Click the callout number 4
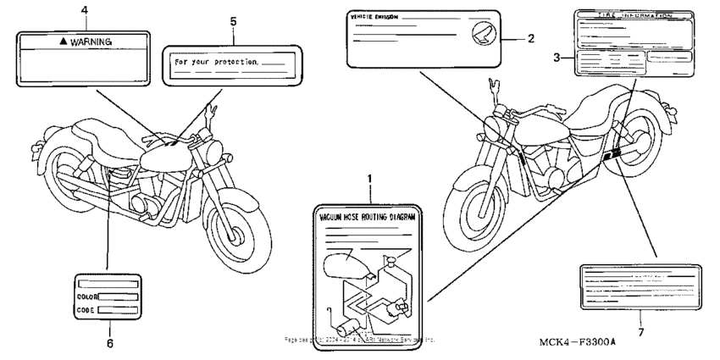(83, 10)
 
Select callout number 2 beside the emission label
(531, 38)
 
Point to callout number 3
(557, 58)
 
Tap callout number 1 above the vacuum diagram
(370, 179)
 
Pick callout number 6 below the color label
(108, 343)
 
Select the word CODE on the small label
(86, 311)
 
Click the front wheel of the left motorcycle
(239, 222)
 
